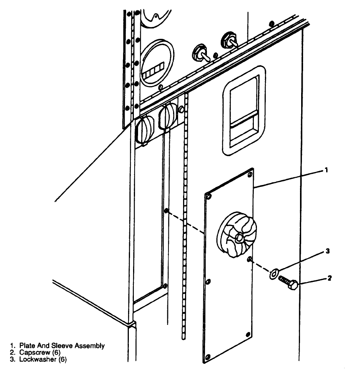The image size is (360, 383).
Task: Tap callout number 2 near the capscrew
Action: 330,278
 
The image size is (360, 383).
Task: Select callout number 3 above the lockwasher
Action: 327,251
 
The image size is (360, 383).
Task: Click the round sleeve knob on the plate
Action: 236,236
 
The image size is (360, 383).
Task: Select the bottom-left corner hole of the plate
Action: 208,358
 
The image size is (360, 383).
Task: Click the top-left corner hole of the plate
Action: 209,197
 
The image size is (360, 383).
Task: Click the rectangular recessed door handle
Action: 244,110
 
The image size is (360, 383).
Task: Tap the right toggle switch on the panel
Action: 228,40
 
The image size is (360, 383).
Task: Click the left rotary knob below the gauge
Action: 144,130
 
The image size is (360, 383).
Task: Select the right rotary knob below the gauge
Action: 168,116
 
